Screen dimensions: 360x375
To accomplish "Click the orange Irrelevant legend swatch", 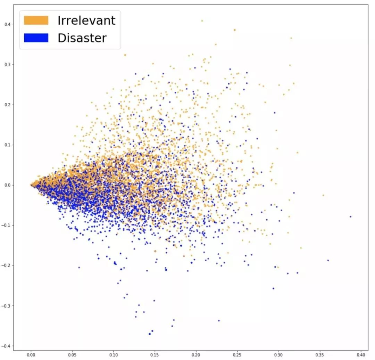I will coord(36,20).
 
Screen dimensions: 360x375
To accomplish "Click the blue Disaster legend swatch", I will coord(36,38).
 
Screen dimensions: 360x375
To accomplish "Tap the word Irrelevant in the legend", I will coord(86,20).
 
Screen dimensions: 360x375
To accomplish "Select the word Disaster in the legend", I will coord(82,38).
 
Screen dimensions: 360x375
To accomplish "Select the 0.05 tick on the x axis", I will coord(72,355).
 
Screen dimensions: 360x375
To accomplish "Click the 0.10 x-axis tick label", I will coord(114,355).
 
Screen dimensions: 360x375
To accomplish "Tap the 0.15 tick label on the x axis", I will coord(155,355).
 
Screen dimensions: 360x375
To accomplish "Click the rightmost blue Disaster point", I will coord(350,216).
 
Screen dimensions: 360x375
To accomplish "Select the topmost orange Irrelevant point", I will coord(202,21).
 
